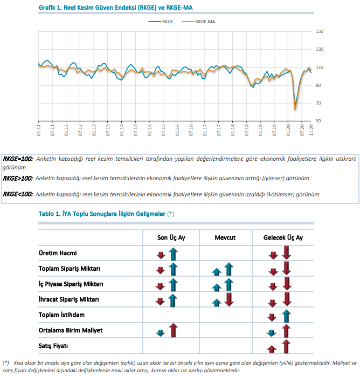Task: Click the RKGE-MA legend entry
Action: [x=198, y=22]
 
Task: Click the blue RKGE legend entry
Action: [x=161, y=22]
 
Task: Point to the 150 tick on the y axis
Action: [x=320, y=31]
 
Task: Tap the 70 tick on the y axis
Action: [x=319, y=103]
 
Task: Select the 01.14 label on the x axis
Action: [x=122, y=130]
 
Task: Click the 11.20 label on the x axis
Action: [x=311, y=130]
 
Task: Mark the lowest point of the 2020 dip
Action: [x=295, y=110]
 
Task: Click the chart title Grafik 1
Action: [x=115, y=8]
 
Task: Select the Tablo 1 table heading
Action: [x=106, y=214]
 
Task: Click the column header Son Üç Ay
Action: [x=171, y=238]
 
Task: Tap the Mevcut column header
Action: [x=225, y=238]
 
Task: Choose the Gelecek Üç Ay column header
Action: [x=283, y=238]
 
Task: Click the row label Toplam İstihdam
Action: [x=61, y=315]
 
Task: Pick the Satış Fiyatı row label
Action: [x=53, y=346]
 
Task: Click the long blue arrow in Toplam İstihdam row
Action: [x=286, y=316]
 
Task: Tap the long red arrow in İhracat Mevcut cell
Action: [x=229, y=299]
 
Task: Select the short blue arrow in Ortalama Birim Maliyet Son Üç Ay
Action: [x=160, y=333]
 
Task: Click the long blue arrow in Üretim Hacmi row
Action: [x=173, y=254]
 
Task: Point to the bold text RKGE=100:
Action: [x=18, y=159]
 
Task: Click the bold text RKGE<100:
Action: [x=18, y=194]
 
